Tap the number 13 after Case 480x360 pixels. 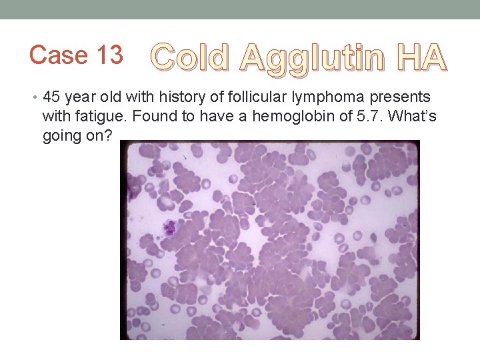pos(107,55)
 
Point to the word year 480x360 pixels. pos(81,97)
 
